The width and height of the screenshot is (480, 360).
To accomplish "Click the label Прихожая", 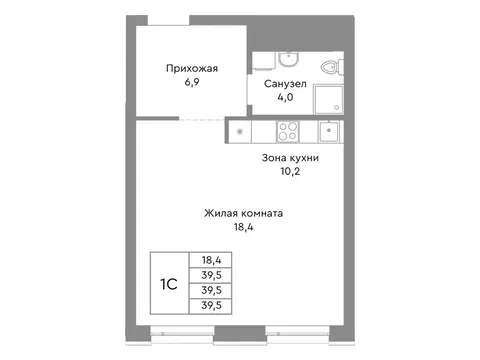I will pyautogui.click(x=191, y=68).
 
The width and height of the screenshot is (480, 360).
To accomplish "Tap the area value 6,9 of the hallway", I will pyautogui.click(x=191, y=83).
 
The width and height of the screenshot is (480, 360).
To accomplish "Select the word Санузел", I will pyautogui.click(x=285, y=84).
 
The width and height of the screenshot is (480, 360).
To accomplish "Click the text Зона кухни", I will pyautogui.click(x=291, y=155).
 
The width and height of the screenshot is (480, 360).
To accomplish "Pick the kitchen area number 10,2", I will pyautogui.click(x=291, y=170).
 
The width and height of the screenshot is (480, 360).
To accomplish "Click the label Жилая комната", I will pyautogui.click(x=246, y=213).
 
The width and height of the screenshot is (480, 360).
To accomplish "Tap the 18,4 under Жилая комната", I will pyautogui.click(x=246, y=228).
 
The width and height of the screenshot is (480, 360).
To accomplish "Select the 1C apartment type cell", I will pyautogui.click(x=168, y=284).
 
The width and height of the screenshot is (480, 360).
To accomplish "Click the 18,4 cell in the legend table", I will pyautogui.click(x=211, y=259).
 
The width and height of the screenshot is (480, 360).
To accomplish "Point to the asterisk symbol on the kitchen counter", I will pyautogui.click(x=240, y=130).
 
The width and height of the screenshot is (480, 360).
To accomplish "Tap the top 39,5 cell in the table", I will pyautogui.click(x=211, y=275).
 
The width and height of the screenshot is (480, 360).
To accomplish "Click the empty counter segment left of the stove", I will pyautogui.click(x=262, y=130).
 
